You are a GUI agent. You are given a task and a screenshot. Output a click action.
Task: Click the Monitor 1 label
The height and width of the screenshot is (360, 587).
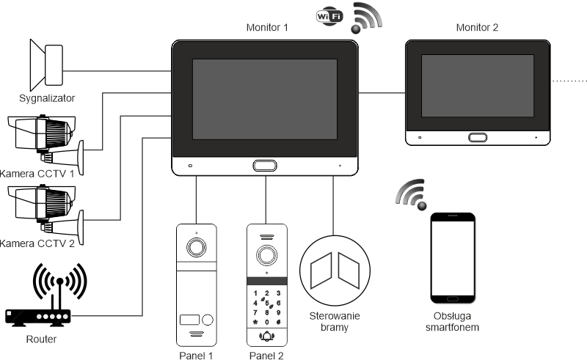click(266, 28)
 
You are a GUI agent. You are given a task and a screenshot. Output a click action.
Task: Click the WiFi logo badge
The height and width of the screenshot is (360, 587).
click(327, 15)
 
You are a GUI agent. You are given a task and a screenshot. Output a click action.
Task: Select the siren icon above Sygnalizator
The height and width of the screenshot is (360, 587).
click(45, 63)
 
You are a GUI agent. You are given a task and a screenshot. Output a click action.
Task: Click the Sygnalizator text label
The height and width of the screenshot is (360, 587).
click(48, 97)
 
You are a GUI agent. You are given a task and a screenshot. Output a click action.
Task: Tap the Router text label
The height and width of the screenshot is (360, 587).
click(41, 339)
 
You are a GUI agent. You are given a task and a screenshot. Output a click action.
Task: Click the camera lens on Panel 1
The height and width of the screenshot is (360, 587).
click(196, 247)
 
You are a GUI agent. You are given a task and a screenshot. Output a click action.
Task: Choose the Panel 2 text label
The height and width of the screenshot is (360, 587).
click(266, 356)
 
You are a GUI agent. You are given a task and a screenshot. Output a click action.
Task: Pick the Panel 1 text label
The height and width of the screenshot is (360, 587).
click(195, 356)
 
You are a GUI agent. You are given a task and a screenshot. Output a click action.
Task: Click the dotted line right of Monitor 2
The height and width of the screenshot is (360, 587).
click(569, 80)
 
